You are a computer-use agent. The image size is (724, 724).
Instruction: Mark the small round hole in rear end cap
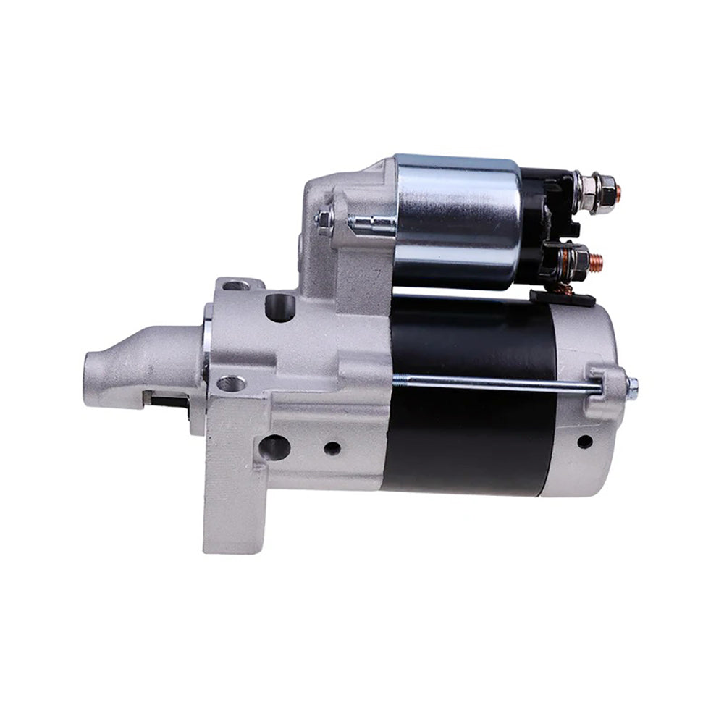tap(584, 441)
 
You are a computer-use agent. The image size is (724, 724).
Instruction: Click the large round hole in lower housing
tap(276, 447)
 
